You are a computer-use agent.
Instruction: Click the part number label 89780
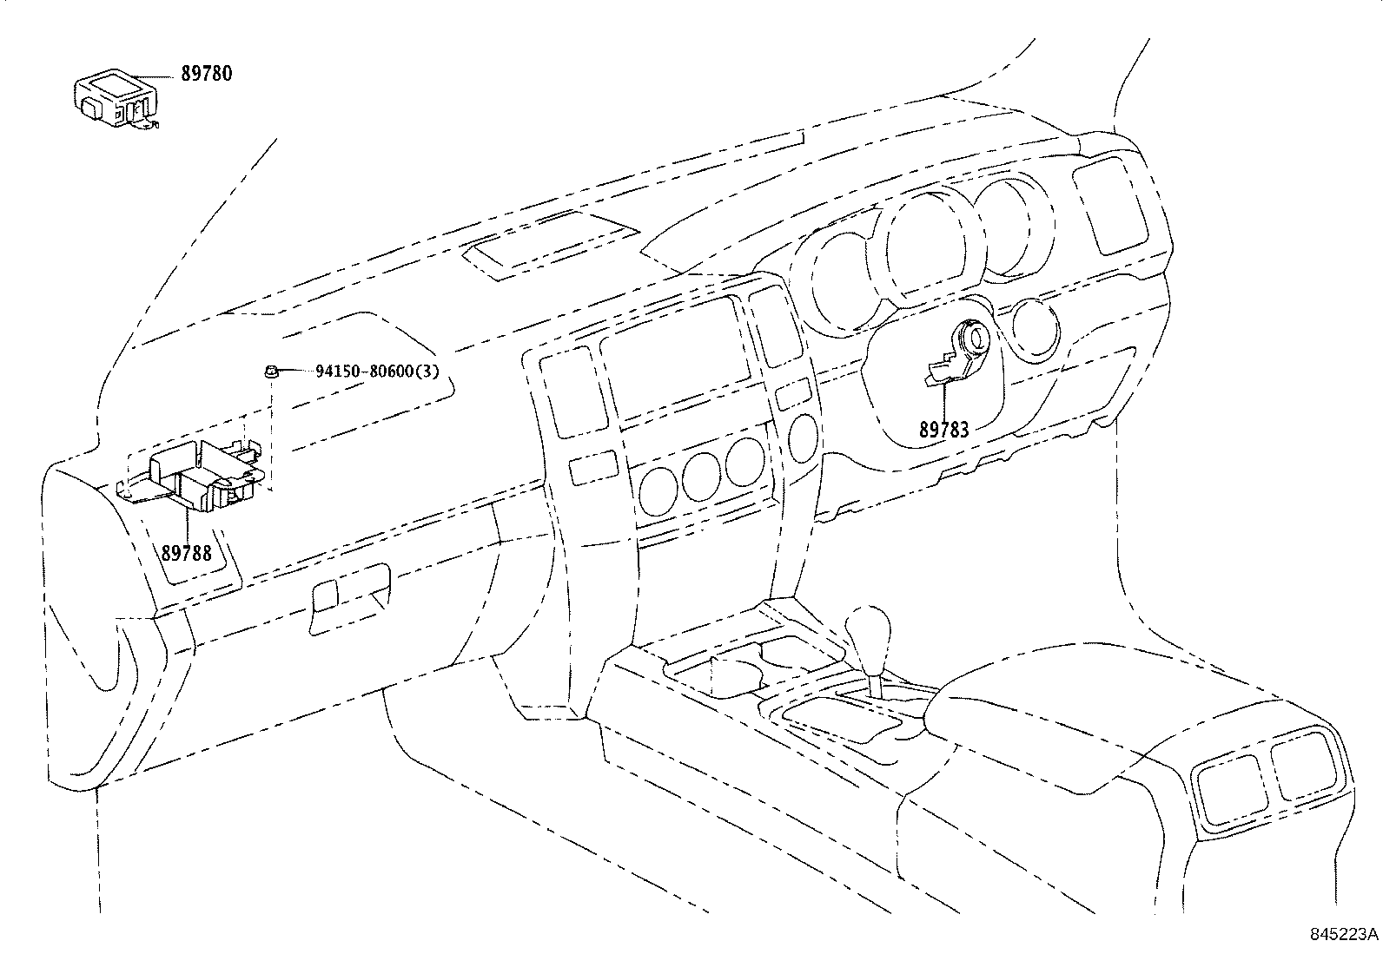(206, 74)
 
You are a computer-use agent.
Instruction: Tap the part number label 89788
(186, 552)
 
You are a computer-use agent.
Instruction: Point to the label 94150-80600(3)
(377, 372)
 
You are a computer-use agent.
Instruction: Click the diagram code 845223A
(1344, 935)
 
